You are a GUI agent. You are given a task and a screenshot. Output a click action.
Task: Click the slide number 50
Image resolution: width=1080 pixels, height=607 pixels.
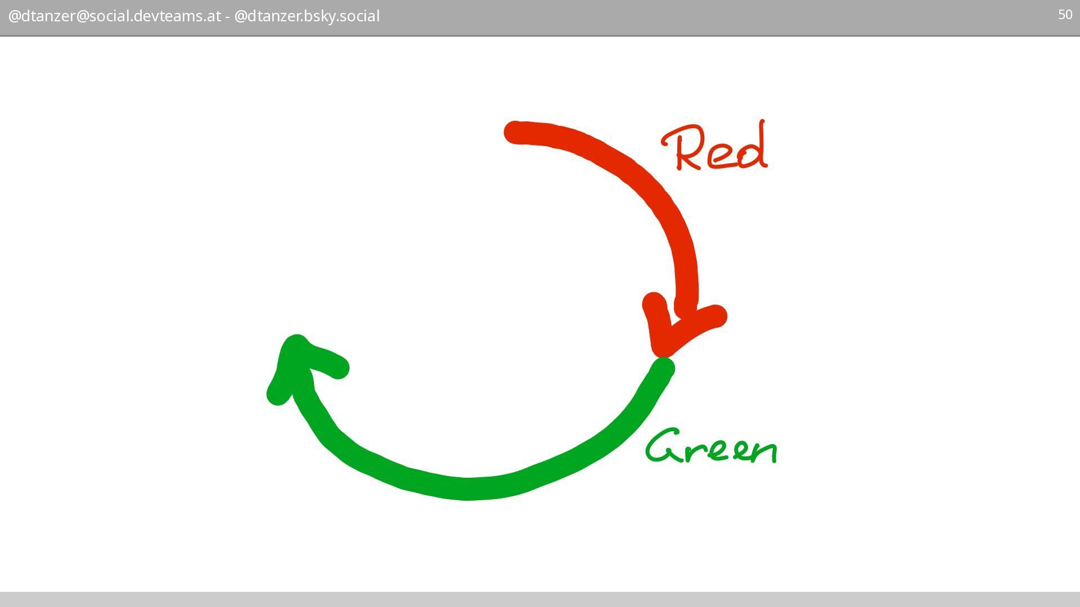pos(1065,15)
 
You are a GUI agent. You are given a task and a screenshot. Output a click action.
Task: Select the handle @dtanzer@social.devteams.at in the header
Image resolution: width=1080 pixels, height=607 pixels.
pos(114,16)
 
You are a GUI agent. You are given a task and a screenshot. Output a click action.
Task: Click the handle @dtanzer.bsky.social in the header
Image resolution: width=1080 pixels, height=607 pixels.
pos(307,16)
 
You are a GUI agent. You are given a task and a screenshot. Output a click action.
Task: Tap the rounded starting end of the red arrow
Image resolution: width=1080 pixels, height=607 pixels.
pos(514,132)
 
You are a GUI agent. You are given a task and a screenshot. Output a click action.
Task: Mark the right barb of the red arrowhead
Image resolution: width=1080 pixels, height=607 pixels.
pos(715,316)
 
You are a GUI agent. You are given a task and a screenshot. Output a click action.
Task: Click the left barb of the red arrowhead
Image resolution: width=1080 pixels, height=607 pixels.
pos(654,303)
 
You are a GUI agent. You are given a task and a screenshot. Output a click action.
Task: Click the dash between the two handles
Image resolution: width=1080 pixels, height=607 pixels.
pos(227,16)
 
